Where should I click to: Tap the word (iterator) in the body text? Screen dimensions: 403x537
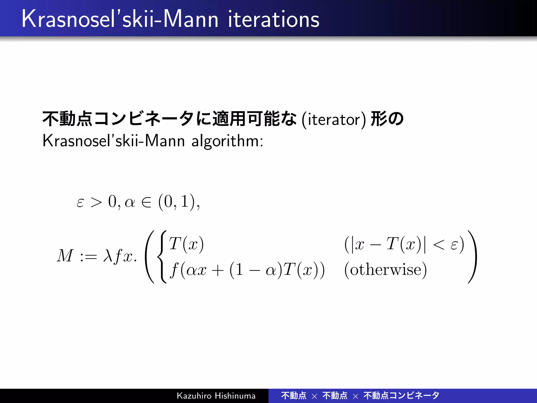coord(334,120)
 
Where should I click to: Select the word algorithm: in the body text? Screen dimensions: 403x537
coord(227,141)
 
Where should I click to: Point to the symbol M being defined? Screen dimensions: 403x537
coord(65,256)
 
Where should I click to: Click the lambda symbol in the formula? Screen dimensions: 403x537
coord(108,256)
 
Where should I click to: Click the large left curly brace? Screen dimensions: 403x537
coord(162,257)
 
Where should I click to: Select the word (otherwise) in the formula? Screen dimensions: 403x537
coord(385,270)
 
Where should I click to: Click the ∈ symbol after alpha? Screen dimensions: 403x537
coord(146,202)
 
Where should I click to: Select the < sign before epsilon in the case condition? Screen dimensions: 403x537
coord(439,245)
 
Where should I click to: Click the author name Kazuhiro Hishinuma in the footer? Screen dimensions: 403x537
coord(216,396)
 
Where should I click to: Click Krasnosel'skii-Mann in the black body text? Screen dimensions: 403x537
coord(114,141)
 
